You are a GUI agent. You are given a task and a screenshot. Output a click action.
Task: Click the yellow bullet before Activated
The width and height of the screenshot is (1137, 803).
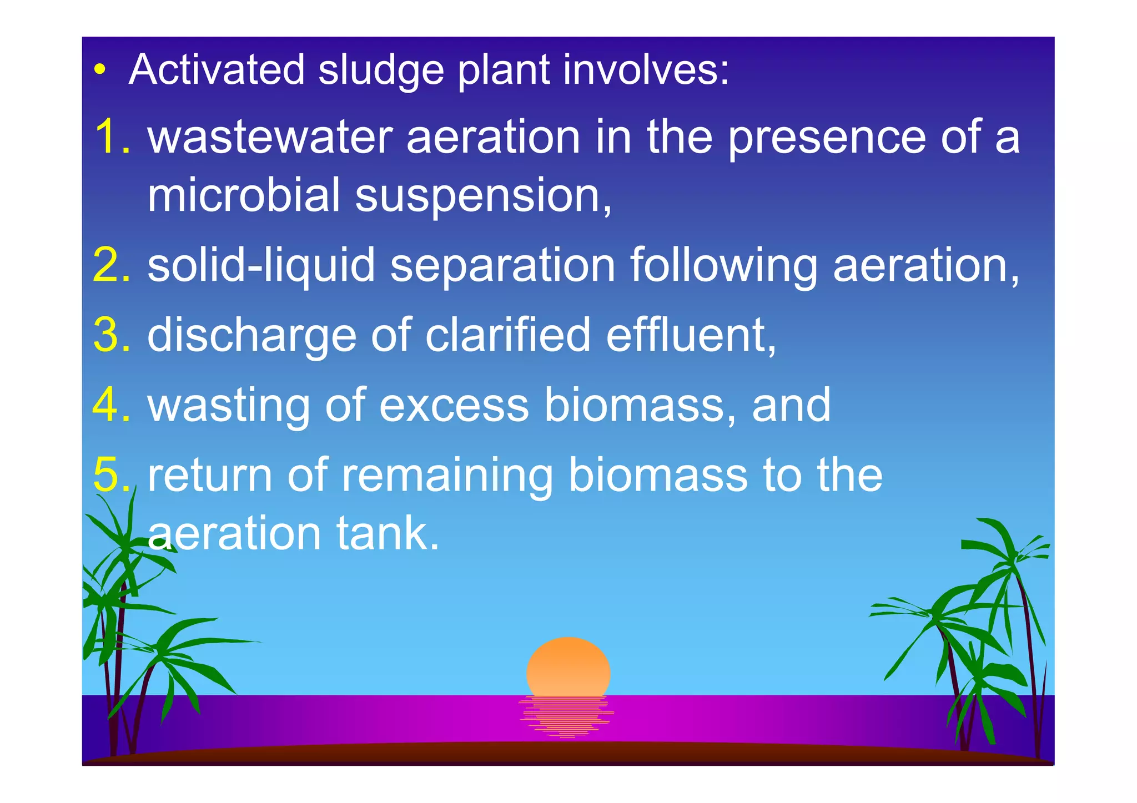(99, 70)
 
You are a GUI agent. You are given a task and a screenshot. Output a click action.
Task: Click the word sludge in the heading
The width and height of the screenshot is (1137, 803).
(381, 70)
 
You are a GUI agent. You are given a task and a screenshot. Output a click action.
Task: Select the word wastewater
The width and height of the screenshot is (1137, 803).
(270, 137)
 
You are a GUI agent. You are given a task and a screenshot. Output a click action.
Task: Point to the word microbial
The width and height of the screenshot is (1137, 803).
(244, 195)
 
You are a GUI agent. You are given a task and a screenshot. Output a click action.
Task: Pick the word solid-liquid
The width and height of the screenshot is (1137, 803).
(261, 265)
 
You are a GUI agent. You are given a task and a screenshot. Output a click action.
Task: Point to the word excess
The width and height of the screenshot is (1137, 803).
(453, 405)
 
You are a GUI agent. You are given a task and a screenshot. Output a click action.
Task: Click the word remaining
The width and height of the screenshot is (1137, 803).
(447, 475)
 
